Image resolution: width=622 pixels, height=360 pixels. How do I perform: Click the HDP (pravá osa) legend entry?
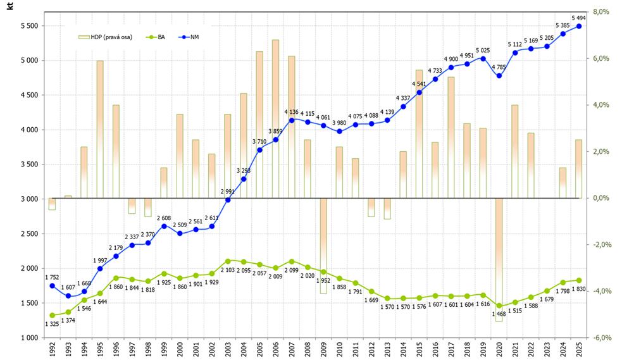(106, 37)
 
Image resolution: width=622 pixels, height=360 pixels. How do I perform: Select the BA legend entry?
(156, 37)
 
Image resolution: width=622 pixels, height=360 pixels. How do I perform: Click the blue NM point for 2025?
(579, 26)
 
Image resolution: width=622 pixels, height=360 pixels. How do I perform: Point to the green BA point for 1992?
(52, 316)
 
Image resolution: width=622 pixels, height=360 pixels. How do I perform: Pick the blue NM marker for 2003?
(228, 200)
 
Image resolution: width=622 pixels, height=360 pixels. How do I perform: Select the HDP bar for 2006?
(276, 119)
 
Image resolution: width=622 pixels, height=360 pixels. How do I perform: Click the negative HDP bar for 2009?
(323, 246)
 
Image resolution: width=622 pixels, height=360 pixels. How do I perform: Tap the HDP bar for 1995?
(100, 129)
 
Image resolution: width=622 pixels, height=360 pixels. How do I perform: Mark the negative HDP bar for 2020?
(499, 259)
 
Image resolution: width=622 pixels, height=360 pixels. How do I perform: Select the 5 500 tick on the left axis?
(29, 26)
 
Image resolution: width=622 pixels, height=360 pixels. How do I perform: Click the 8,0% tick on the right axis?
(601, 12)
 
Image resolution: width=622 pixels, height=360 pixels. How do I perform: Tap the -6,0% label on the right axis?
(601, 338)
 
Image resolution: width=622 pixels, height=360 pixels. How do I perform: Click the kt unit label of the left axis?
(9, 6)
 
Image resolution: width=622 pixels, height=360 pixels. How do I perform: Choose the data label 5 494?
(579, 18)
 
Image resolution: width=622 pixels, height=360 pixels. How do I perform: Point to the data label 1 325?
(52, 324)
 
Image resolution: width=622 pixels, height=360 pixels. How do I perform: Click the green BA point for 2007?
(292, 262)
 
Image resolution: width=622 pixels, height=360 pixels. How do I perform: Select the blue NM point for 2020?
(499, 76)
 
